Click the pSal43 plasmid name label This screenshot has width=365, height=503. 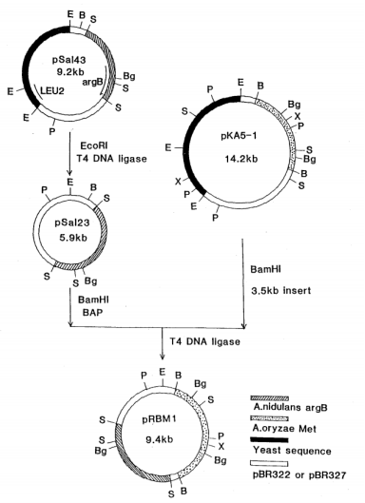pyautogui.click(x=69, y=60)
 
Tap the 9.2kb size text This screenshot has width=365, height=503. pyautogui.click(x=70, y=72)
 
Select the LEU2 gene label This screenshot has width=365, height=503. pyautogui.click(x=52, y=90)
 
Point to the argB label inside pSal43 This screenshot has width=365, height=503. pyautogui.click(x=92, y=82)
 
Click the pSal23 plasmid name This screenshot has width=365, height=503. pyautogui.click(x=72, y=222)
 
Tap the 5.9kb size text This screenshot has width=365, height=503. pyautogui.click(x=73, y=238)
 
